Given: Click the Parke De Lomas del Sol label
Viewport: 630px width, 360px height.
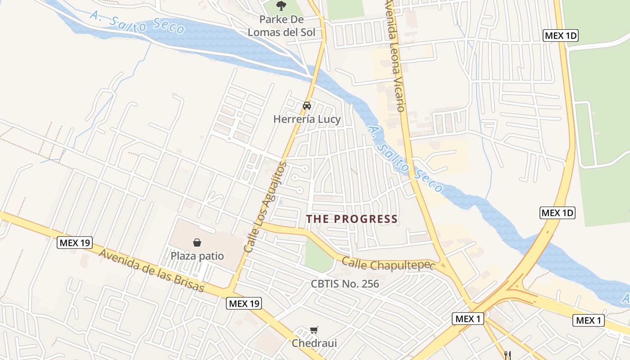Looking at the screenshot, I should pos(282,26).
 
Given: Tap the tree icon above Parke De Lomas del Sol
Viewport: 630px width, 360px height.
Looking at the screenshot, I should pos(281,6).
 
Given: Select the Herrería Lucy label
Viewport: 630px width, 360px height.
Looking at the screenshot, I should pos(307,119).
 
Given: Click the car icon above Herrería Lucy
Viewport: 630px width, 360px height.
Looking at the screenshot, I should pos(307,106).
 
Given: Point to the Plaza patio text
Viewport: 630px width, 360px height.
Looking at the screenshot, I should pos(197,256).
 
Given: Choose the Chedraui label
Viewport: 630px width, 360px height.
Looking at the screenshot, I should pos(314,343).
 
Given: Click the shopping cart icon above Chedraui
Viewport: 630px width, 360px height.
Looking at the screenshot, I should pos(314,330).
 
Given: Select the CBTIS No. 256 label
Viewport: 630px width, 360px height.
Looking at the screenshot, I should pos(345,284).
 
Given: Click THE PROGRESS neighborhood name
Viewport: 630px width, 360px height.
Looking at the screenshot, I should pos(352,219).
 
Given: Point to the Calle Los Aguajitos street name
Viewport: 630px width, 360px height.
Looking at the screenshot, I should pos(265,207).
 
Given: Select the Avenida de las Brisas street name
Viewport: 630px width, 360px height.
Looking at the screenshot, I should pos(152,270).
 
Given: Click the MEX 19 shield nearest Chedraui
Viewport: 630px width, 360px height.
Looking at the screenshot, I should pos(243,303).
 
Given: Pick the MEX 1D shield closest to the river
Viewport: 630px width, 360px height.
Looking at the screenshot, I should pos(557,213).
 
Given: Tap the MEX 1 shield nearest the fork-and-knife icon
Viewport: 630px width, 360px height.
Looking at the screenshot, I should pos(468,319).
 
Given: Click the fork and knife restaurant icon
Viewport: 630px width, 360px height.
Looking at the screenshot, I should pos(508,355).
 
